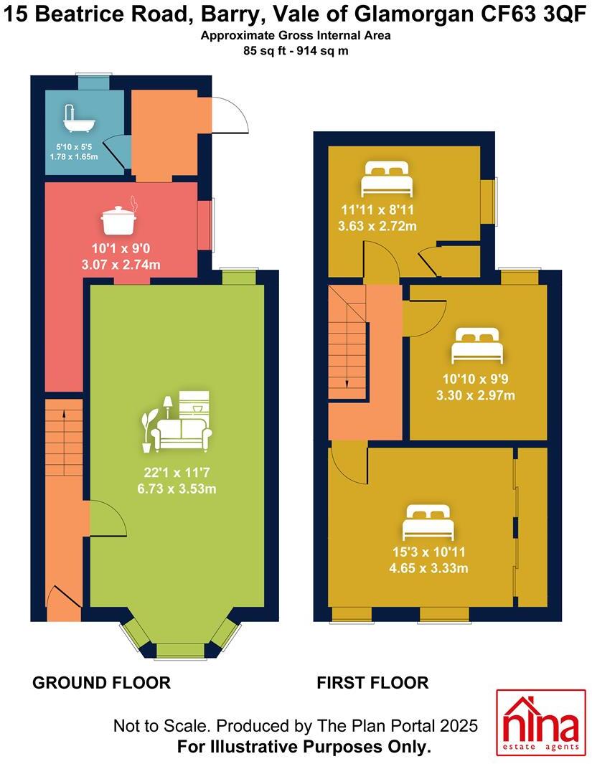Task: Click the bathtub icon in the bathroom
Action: coord(79,121)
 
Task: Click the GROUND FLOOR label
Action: coord(101,683)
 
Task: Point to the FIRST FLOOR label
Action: coord(372,683)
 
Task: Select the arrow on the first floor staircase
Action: coord(347,384)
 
